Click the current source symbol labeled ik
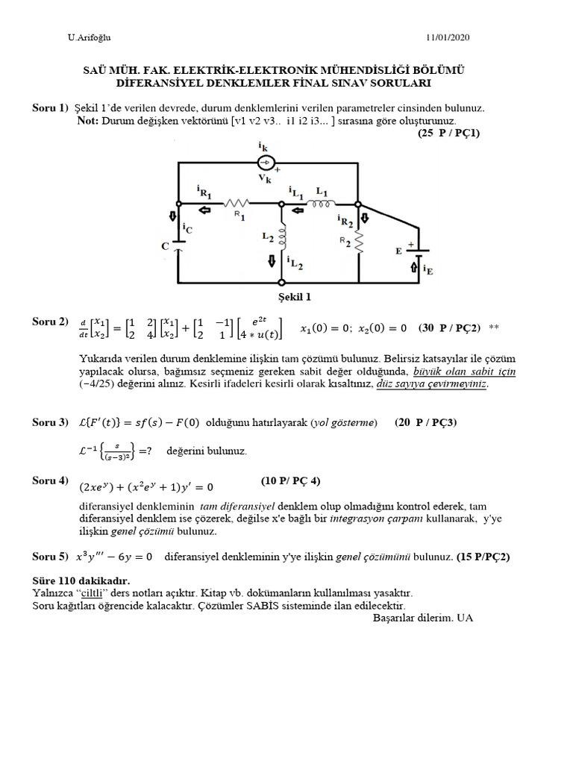point(266,163)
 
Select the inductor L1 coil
point(322,202)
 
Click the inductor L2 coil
point(282,237)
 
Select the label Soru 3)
point(50,422)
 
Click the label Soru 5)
point(50,557)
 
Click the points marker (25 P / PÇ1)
point(448,133)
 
